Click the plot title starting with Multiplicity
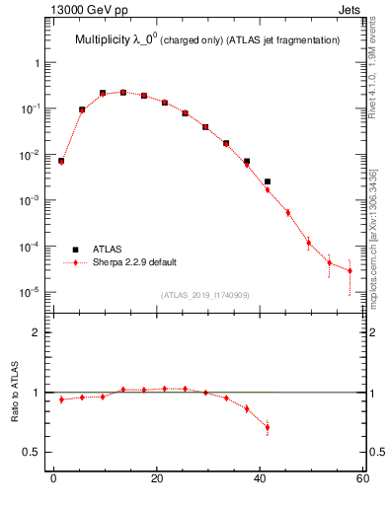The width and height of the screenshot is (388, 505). pos(207,39)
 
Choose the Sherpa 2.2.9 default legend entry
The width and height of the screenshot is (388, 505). pos(134,262)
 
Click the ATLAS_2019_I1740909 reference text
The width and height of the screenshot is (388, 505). pos(204,295)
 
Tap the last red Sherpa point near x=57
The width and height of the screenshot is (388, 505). pos(349,270)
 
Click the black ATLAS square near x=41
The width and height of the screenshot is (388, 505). pos(268,181)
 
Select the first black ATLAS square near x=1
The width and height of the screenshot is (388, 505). pos(61,161)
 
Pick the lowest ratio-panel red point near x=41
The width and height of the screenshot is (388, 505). pos(268,427)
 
